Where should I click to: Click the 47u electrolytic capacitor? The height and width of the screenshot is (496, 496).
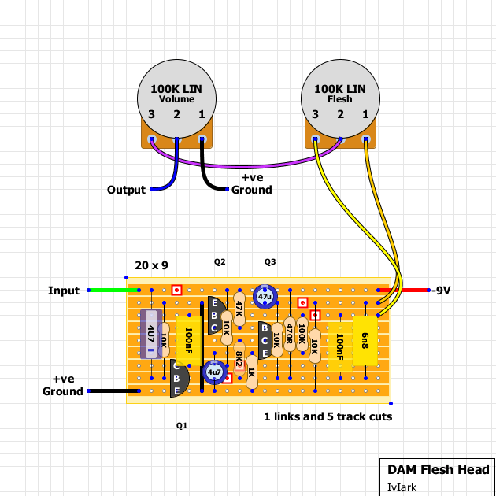265,297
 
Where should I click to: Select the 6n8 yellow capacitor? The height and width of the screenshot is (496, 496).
365,341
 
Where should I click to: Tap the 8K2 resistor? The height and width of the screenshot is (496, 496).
239,359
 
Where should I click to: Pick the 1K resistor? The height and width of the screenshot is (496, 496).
252,372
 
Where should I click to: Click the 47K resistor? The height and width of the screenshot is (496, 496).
239,309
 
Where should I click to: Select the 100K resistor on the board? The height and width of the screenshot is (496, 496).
302,335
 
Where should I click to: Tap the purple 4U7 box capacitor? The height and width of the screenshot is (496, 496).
151,335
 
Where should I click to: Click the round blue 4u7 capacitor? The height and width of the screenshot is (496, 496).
214,372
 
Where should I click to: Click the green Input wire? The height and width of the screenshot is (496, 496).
113,290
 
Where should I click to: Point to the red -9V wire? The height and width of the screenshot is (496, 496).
403,290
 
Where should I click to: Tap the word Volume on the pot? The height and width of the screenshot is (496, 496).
176,99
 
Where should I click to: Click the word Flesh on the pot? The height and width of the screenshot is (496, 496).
340,99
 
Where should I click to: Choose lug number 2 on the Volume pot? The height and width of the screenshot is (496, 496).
176,139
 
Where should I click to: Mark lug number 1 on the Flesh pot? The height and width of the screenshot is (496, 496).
365,139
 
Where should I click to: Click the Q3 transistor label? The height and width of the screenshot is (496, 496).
270,262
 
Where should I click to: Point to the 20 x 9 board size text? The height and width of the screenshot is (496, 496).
151,265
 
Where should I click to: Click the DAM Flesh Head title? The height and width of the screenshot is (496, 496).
439,470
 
